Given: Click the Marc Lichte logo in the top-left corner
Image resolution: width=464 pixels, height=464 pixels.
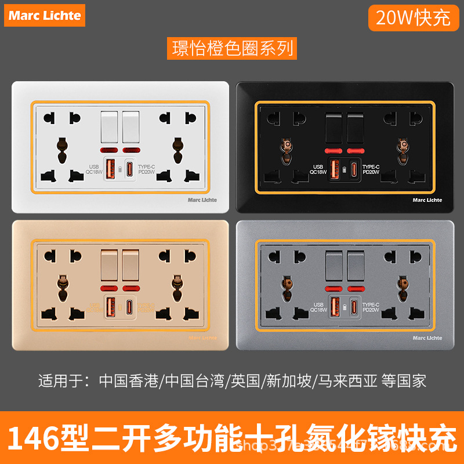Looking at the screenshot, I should [x=45, y=15].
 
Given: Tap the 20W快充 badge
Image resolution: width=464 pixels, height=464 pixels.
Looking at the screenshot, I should [x=413, y=17].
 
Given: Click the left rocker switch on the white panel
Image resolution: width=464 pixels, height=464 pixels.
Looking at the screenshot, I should [x=111, y=126].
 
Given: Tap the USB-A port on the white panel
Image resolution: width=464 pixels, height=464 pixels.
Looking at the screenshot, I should [x=111, y=169].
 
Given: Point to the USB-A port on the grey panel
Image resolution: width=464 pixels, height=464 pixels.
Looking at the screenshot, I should [x=335, y=307].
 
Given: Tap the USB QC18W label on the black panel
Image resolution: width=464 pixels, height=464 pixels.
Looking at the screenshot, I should [x=318, y=169].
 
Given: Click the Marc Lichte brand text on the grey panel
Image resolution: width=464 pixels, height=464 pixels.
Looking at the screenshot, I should [x=427, y=338].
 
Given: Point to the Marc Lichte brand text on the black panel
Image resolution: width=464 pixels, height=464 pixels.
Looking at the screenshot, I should [x=427, y=200].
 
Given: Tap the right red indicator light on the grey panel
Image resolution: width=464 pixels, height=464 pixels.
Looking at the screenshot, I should [x=356, y=288].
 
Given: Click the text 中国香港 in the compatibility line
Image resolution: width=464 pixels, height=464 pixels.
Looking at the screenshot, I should [x=131, y=381].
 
